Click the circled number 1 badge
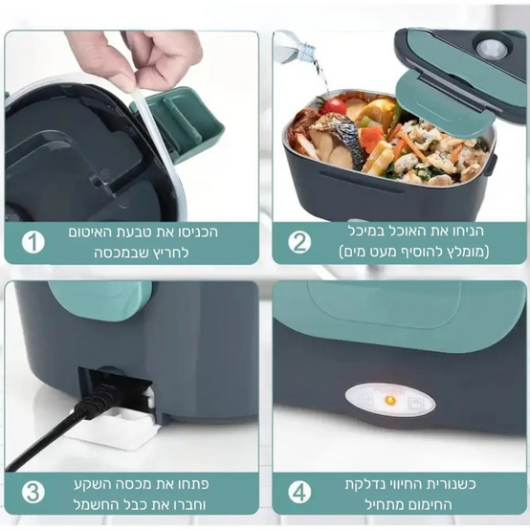point(33,242)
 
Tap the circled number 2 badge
point(299,242)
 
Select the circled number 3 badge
point(33,492)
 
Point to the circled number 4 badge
point(299,492)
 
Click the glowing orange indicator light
point(389,401)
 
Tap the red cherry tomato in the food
point(333,106)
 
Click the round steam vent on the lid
point(492,49)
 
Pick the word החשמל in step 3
point(91,505)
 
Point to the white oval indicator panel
point(389,401)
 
